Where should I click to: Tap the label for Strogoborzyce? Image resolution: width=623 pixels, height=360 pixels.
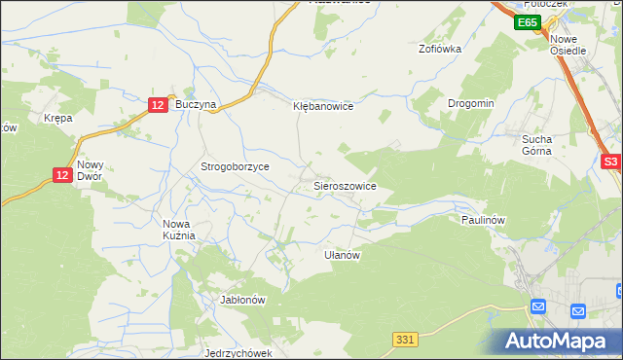pyautogui.click(x=235, y=166)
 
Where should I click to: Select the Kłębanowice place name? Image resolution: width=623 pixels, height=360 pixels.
pyautogui.click(x=323, y=106)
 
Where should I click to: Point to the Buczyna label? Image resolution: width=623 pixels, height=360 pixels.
pyautogui.click(x=195, y=103)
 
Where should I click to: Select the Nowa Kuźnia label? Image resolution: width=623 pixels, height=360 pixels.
pyautogui.click(x=179, y=229)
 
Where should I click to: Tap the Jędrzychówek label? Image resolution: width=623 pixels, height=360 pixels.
pyautogui.click(x=238, y=353)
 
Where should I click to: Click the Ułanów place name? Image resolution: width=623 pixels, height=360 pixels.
pyautogui.click(x=343, y=255)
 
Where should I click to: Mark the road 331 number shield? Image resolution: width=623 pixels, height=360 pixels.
pyautogui.click(x=407, y=339)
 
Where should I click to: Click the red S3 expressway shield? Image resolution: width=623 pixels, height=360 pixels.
pyautogui.click(x=610, y=162)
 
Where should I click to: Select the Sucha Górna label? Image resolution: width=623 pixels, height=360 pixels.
pyautogui.click(x=536, y=145)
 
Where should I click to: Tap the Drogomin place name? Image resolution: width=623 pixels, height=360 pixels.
pyautogui.click(x=471, y=103)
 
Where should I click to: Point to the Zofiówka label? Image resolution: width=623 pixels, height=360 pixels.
pyautogui.click(x=439, y=48)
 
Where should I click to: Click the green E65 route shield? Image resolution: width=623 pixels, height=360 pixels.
pyautogui.click(x=528, y=22)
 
